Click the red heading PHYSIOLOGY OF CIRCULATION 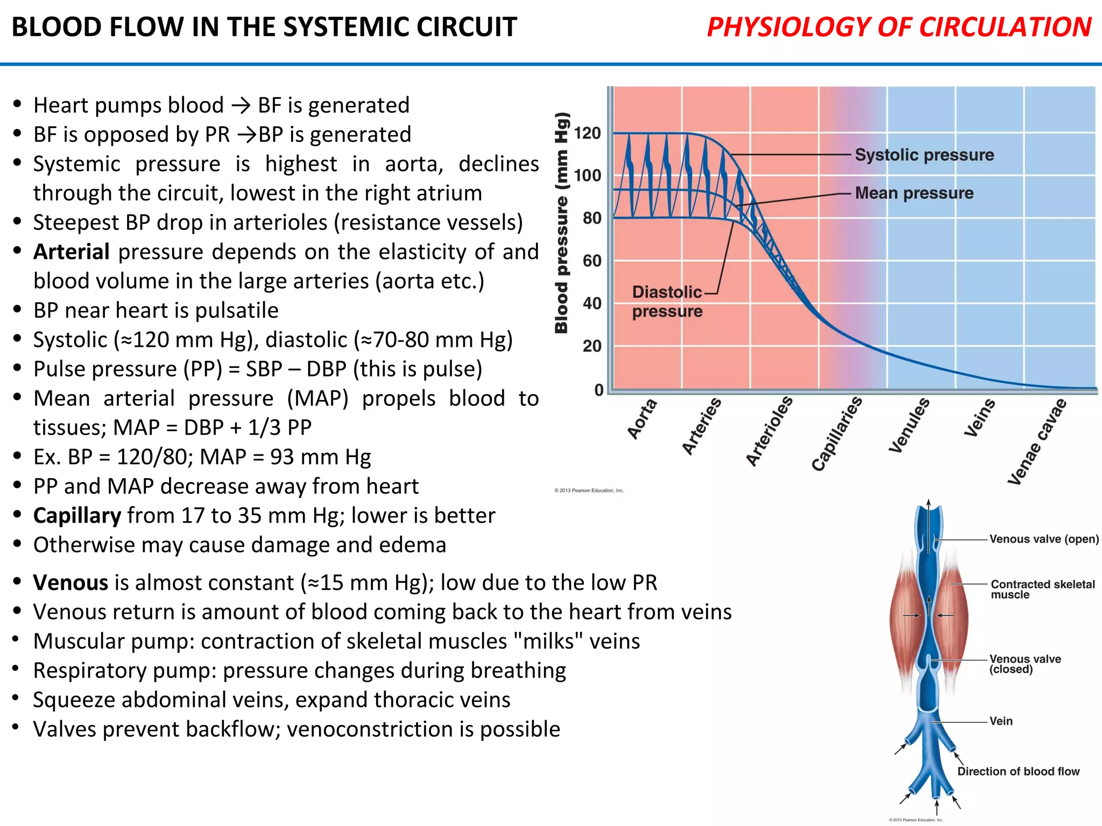(899, 27)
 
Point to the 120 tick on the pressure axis (587, 133)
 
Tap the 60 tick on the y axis (592, 261)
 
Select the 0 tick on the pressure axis (598, 390)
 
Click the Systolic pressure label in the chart (924, 155)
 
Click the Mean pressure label (914, 193)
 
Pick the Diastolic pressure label (667, 302)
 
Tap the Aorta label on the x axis (642, 419)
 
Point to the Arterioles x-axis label (769, 431)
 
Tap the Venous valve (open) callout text (1043, 539)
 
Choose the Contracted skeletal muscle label (1042, 589)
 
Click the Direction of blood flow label (1018, 771)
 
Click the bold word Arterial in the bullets (72, 252)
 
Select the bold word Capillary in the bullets (77, 515)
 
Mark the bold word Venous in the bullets (70, 582)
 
